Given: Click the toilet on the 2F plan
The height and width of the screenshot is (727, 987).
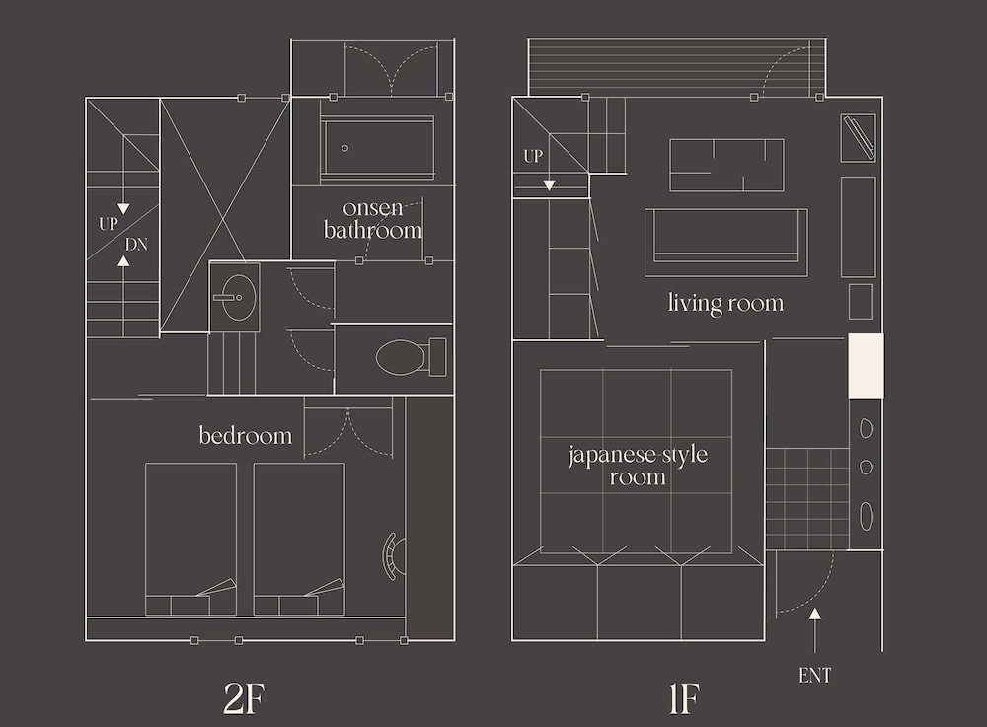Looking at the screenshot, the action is (x=411, y=357).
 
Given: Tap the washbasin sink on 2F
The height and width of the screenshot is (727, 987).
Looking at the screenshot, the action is (x=237, y=298).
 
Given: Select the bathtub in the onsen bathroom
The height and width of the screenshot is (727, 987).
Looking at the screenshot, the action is (x=377, y=148).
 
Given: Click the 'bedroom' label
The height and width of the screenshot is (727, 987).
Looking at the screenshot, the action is (x=246, y=435).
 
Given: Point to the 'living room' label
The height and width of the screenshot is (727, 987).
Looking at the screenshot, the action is (x=725, y=303).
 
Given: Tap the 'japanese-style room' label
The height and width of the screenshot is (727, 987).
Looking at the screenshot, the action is (x=638, y=466).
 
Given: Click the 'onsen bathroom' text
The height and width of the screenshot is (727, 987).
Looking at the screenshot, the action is (x=373, y=219).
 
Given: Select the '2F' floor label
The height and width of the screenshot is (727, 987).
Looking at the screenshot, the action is (x=244, y=698).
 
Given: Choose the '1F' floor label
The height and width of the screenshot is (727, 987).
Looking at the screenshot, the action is (x=684, y=698).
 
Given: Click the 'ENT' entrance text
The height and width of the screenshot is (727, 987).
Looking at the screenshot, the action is (x=814, y=676).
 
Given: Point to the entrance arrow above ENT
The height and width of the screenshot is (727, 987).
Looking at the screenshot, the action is (x=814, y=630).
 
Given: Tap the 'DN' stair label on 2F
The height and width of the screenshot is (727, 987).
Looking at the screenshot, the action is (x=136, y=244).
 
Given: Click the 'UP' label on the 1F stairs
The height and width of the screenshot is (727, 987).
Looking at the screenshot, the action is (x=533, y=156).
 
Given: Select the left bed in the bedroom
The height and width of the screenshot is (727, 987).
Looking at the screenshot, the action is (x=190, y=539).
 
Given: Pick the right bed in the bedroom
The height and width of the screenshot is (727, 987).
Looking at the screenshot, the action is (x=299, y=539).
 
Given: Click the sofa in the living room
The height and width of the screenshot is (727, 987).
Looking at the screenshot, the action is (x=725, y=243).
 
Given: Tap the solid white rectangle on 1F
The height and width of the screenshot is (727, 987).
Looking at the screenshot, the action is (x=867, y=365).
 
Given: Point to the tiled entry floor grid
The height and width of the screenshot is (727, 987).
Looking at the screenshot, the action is (x=807, y=499).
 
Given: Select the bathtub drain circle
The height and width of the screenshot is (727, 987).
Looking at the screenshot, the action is (x=344, y=148).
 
